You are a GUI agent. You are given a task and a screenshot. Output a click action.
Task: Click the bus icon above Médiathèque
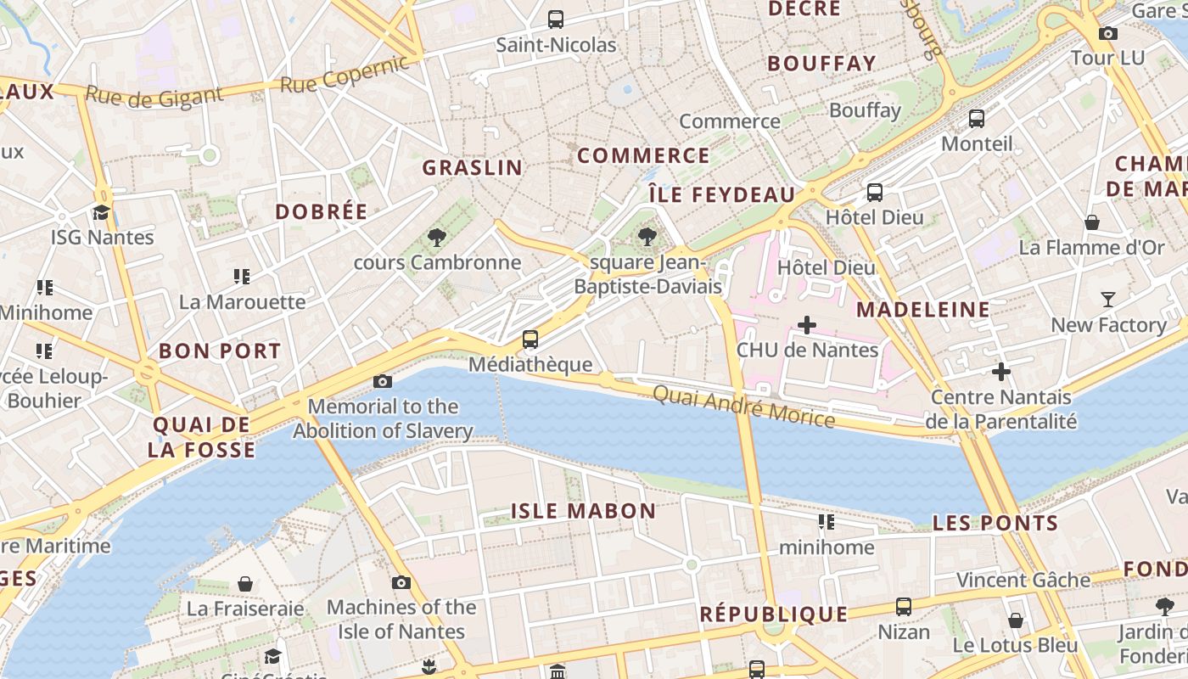tap(530, 339)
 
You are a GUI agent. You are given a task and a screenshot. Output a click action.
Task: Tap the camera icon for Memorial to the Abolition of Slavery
tap(383, 381)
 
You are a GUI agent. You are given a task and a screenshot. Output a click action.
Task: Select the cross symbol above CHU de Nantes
tap(807, 324)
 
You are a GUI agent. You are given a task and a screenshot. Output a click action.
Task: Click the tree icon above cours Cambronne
tap(437, 237)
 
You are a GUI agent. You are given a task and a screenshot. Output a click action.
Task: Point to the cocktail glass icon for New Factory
tap(1108, 299)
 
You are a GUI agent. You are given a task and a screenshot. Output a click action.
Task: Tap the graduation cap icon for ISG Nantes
tap(102, 212)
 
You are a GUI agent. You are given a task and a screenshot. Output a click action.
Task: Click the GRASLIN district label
tap(473, 167)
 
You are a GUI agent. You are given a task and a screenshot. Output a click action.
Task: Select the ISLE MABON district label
tap(583, 511)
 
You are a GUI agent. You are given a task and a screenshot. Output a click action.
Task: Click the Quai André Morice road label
tap(743, 407)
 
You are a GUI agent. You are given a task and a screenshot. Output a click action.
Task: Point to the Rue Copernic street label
tap(345, 75)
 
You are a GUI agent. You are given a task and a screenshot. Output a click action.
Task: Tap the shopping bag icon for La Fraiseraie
tap(245, 583)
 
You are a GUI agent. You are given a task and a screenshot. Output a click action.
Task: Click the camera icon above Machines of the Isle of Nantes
tap(401, 582)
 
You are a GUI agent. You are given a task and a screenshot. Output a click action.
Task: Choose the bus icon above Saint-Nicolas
tap(556, 19)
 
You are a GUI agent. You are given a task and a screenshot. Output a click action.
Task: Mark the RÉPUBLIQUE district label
tap(773, 614)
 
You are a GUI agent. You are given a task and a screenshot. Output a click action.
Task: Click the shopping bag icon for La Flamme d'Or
tap(1092, 222)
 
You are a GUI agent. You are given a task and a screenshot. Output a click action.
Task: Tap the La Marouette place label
tap(243, 301)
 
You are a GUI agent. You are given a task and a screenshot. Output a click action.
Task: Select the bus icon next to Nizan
tap(904, 607)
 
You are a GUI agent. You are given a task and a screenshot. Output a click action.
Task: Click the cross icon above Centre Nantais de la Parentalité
tap(1001, 371)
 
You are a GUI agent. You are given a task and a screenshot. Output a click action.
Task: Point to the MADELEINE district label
tap(922, 309)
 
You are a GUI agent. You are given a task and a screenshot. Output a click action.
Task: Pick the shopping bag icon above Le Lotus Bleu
tap(1016, 620)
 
